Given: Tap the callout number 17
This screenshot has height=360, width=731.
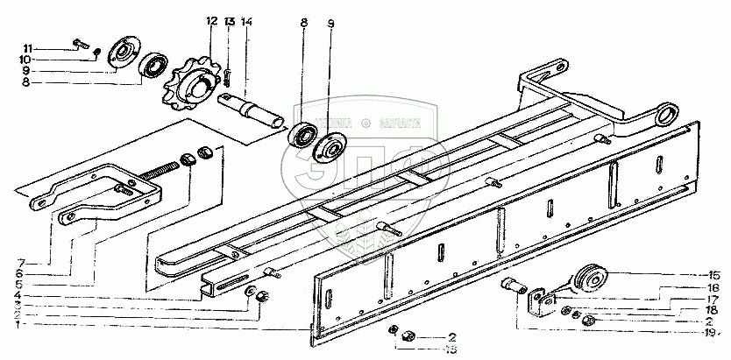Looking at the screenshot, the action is click(713, 299).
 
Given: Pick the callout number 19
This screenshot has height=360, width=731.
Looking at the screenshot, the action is click(713, 332).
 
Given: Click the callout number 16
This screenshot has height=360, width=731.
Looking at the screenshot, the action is click(713, 287).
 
